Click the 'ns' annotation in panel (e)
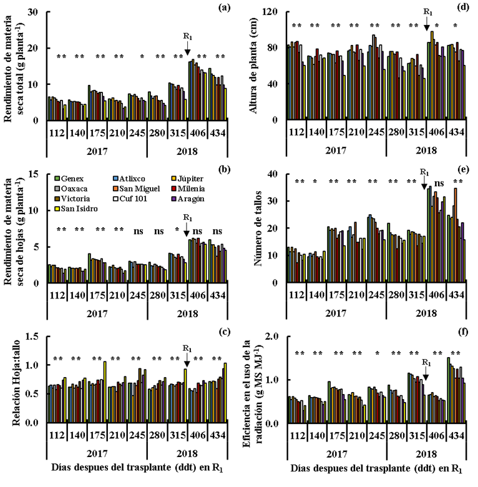(x=439, y=183)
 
